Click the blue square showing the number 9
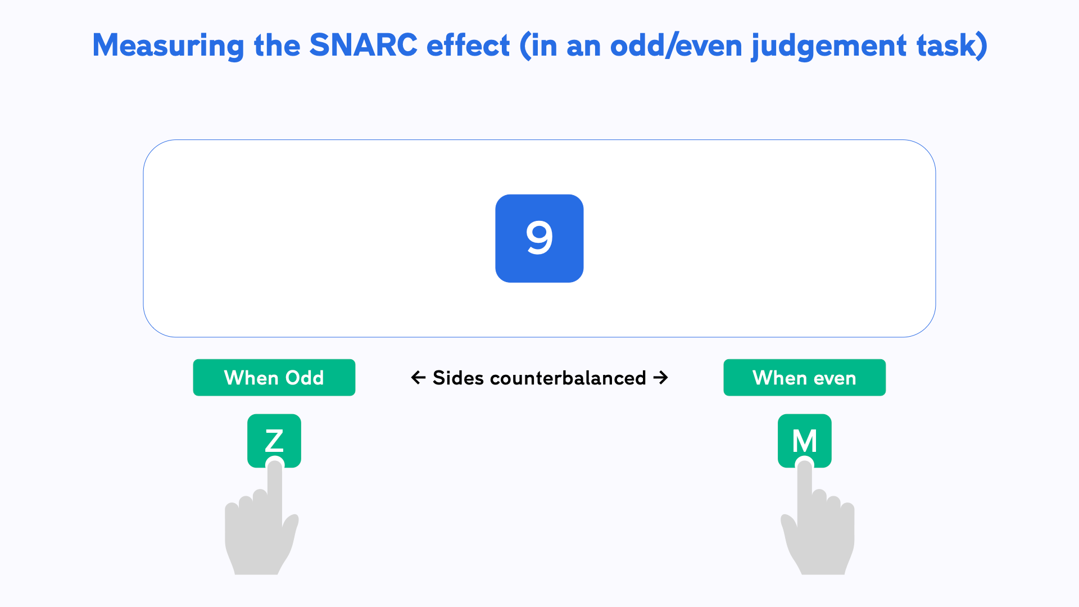coord(539,238)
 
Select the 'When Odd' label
coord(274,378)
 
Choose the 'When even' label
coord(804,378)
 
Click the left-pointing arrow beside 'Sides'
coord(418,378)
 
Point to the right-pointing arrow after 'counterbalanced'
coord(661,378)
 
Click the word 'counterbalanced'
coord(568,378)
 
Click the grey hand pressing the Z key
coord(260,534)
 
